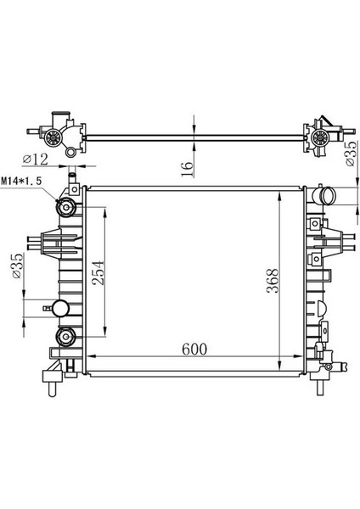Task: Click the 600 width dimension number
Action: click(194, 349)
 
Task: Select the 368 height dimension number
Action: click(273, 281)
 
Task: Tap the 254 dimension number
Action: click(98, 272)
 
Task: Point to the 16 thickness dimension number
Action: click(187, 169)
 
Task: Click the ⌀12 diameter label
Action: click(36, 159)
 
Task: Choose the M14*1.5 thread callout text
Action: click(21, 181)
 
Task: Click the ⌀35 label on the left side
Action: click(17, 266)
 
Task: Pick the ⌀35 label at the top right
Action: click(351, 154)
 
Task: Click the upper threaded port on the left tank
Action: click(66, 207)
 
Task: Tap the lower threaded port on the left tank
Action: click(66, 337)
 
